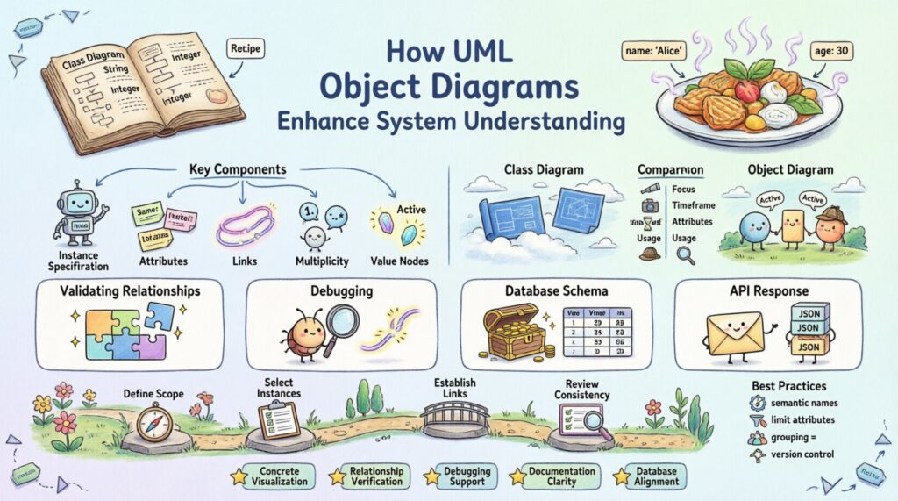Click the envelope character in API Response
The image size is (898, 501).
[734, 333]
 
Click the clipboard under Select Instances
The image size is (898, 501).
[280, 420]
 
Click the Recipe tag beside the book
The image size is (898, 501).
[248, 49]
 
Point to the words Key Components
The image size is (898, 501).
[237, 169]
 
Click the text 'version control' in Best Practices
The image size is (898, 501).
[804, 454]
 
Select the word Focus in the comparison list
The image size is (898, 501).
[685, 189]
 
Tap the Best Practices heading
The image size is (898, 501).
[788, 385]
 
